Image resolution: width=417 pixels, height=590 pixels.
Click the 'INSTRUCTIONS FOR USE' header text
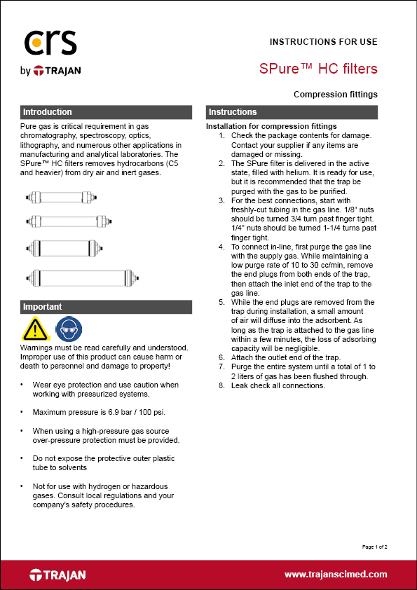(323, 42)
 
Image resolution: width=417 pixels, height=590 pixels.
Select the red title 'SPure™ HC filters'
(318, 69)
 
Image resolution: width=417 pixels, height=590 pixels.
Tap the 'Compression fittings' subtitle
(336, 94)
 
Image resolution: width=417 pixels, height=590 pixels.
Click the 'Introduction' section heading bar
(106, 112)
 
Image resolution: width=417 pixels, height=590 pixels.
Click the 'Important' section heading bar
(106, 307)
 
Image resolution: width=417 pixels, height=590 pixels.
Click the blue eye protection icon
(65, 329)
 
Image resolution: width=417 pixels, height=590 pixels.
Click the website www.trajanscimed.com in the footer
(335, 575)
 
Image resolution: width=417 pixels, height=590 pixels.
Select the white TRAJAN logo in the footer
(57, 575)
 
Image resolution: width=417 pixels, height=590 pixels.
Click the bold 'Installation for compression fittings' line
(271, 126)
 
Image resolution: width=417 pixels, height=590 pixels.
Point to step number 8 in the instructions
(222, 385)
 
